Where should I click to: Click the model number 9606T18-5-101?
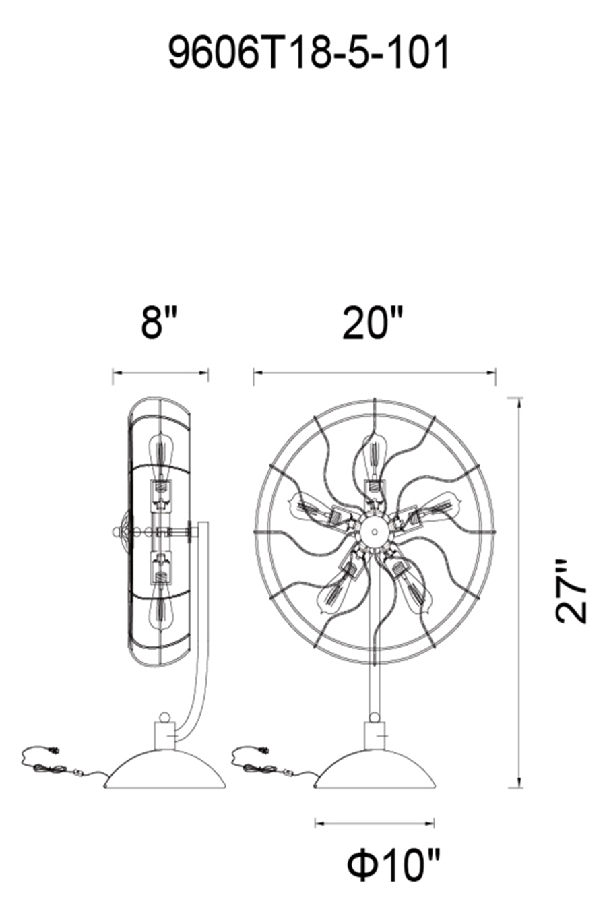click(309, 53)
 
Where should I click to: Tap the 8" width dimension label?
click(160, 323)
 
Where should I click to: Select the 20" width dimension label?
click(373, 323)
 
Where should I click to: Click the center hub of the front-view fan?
click(374, 530)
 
